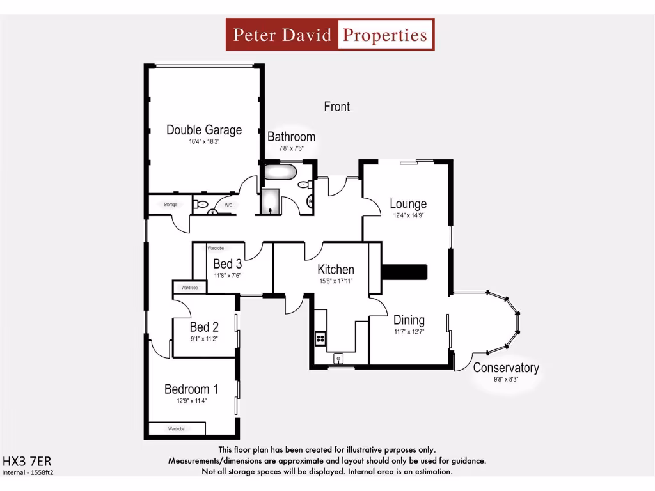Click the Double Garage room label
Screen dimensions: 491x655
(204, 130)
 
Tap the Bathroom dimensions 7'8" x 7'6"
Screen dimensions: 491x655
(291, 148)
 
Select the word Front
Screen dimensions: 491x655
(336, 107)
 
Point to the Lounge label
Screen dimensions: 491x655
(408, 204)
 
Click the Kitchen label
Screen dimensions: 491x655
(336, 270)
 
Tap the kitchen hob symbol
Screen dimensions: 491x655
(320, 338)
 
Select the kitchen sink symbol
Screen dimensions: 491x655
(338, 358)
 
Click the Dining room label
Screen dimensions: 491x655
(409, 320)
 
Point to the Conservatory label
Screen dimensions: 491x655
(505, 368)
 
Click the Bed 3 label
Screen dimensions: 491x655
(227, 264)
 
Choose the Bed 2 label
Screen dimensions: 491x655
(204, 327)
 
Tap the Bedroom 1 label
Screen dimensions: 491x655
(191, 389)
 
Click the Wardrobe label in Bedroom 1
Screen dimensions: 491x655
(177, 428)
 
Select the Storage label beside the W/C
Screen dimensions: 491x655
(170, 205)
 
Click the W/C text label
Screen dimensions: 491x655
(228, 205)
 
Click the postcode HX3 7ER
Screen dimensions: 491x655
(27, 461)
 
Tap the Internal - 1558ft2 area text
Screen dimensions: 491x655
(28, 473)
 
